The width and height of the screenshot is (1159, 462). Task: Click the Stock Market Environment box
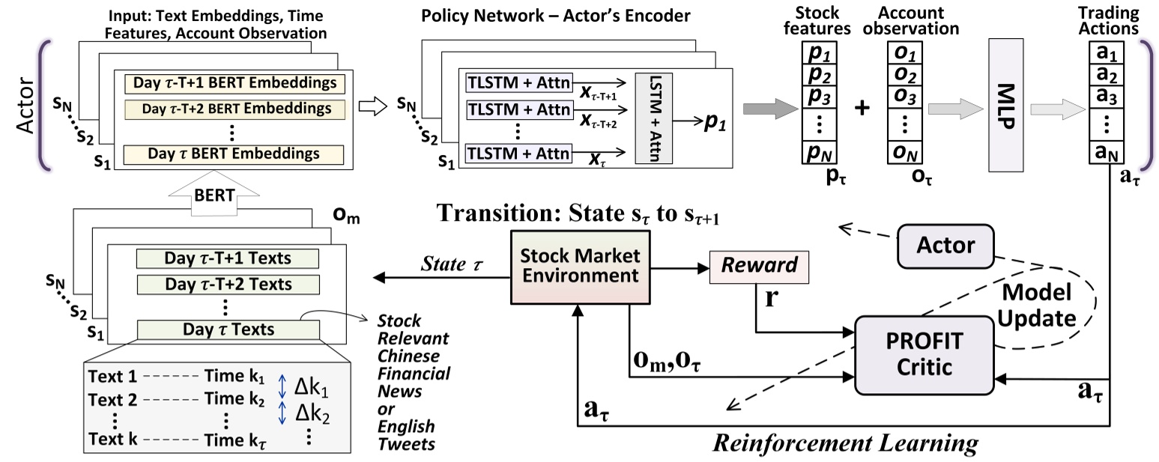tap(575, 267)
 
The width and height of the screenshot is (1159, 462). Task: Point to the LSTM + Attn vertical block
tap(653, 118)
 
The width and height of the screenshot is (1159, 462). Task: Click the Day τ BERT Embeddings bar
tap(233, 154)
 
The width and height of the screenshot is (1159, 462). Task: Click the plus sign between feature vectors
tap(863, 108)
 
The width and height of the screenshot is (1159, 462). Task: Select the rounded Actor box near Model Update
tap(945, 245)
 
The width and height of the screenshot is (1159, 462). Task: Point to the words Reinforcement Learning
tap(844, 443)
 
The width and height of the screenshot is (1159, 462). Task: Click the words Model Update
tap(1038, 306)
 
